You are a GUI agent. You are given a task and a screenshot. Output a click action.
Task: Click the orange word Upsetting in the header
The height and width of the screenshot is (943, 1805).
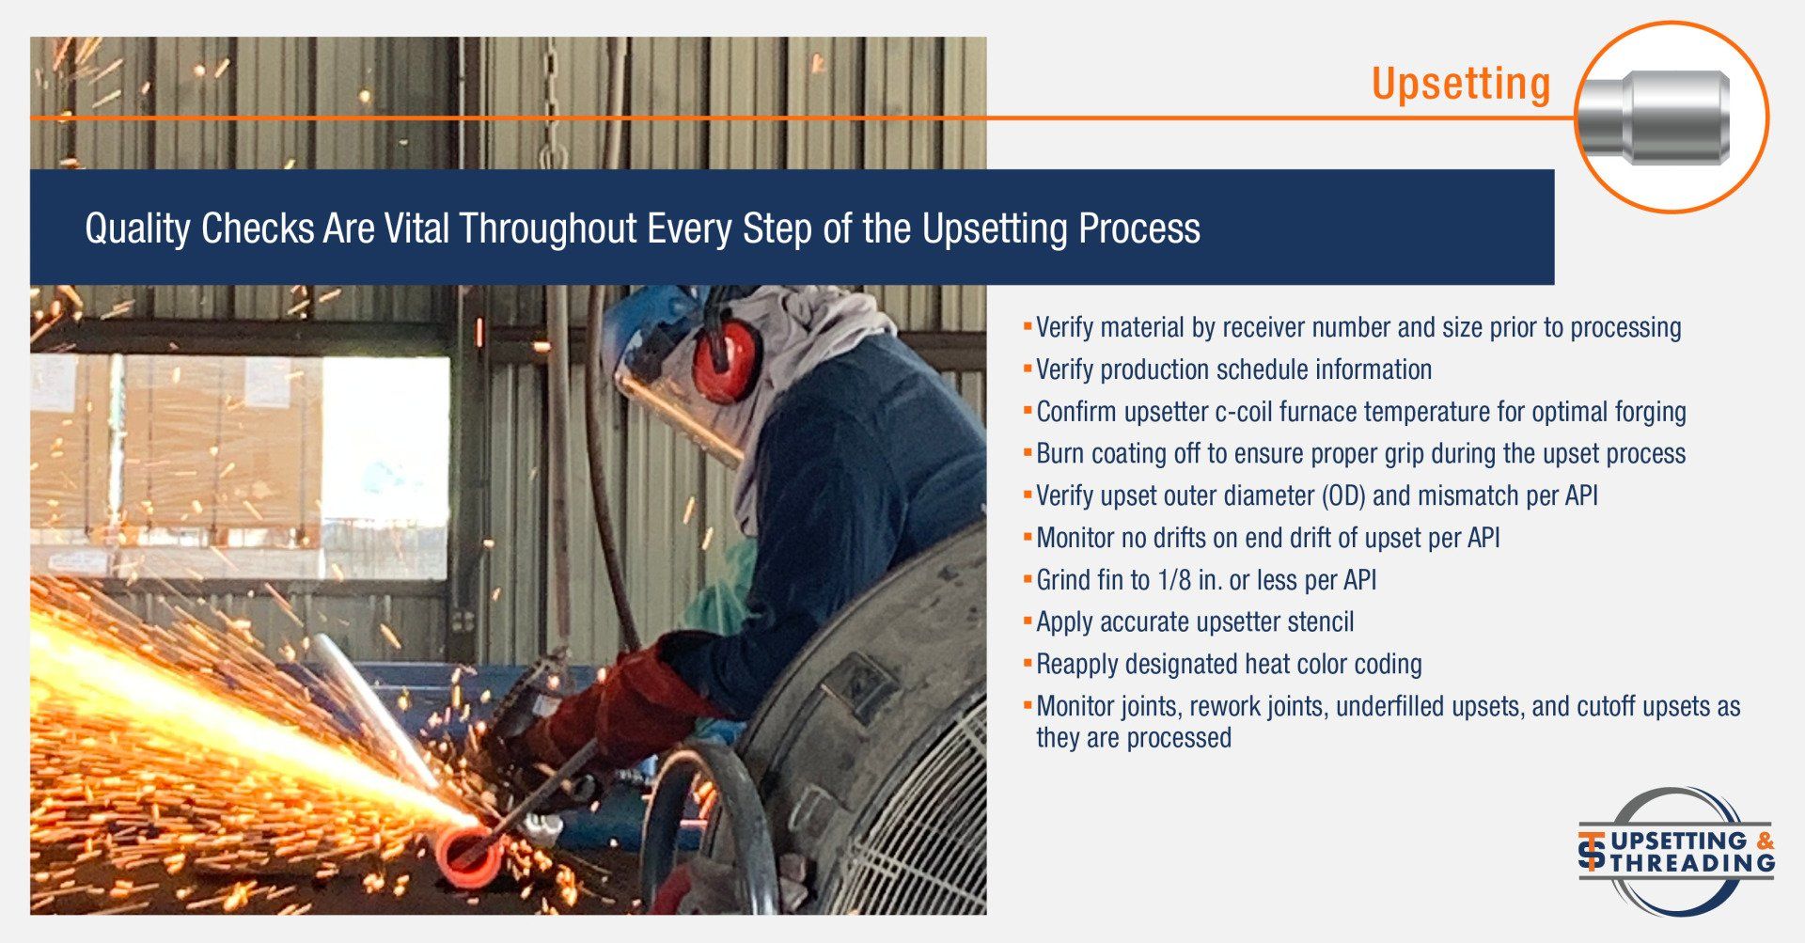pos(1460,85)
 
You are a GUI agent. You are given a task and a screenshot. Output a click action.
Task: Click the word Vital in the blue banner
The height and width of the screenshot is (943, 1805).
pos(416,228)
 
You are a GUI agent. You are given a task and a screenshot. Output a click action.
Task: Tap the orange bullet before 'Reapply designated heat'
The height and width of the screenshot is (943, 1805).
pos(1028,663)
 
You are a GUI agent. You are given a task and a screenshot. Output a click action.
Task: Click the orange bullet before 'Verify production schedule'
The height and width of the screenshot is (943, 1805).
pos(1028,368)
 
